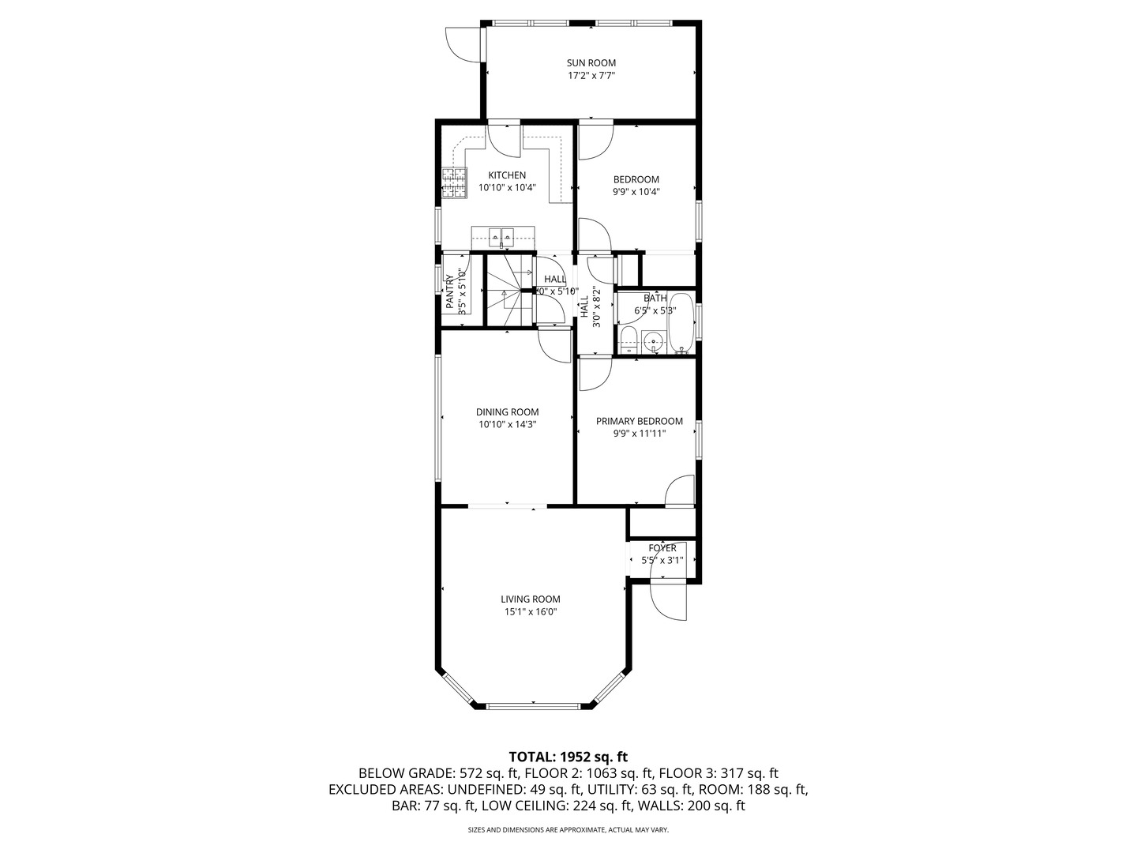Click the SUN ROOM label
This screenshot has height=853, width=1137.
click(591, 63)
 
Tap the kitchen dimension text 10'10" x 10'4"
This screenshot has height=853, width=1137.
click(507, 188)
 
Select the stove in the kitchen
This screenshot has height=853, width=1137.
click(454, 183)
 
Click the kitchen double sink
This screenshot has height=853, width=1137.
click(502, 235)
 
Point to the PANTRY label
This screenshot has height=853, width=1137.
click(449, 291)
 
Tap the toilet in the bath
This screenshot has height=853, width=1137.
click(629, 341)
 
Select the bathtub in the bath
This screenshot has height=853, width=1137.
click(680, 324)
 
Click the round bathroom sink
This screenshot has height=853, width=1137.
click(653, 342)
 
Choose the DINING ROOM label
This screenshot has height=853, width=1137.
click(507, 411)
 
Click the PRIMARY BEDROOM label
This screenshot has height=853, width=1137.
click(639, 421)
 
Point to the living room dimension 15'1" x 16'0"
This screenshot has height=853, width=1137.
click(531, 611)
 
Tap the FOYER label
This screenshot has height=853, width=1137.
click(662, 548)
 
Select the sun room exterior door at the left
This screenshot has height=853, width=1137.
click(463, 43)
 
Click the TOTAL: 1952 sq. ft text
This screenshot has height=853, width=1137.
click(568, 757)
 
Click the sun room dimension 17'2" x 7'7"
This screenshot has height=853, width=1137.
click(591, 76)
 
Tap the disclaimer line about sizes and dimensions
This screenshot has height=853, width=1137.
click(568, 830)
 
